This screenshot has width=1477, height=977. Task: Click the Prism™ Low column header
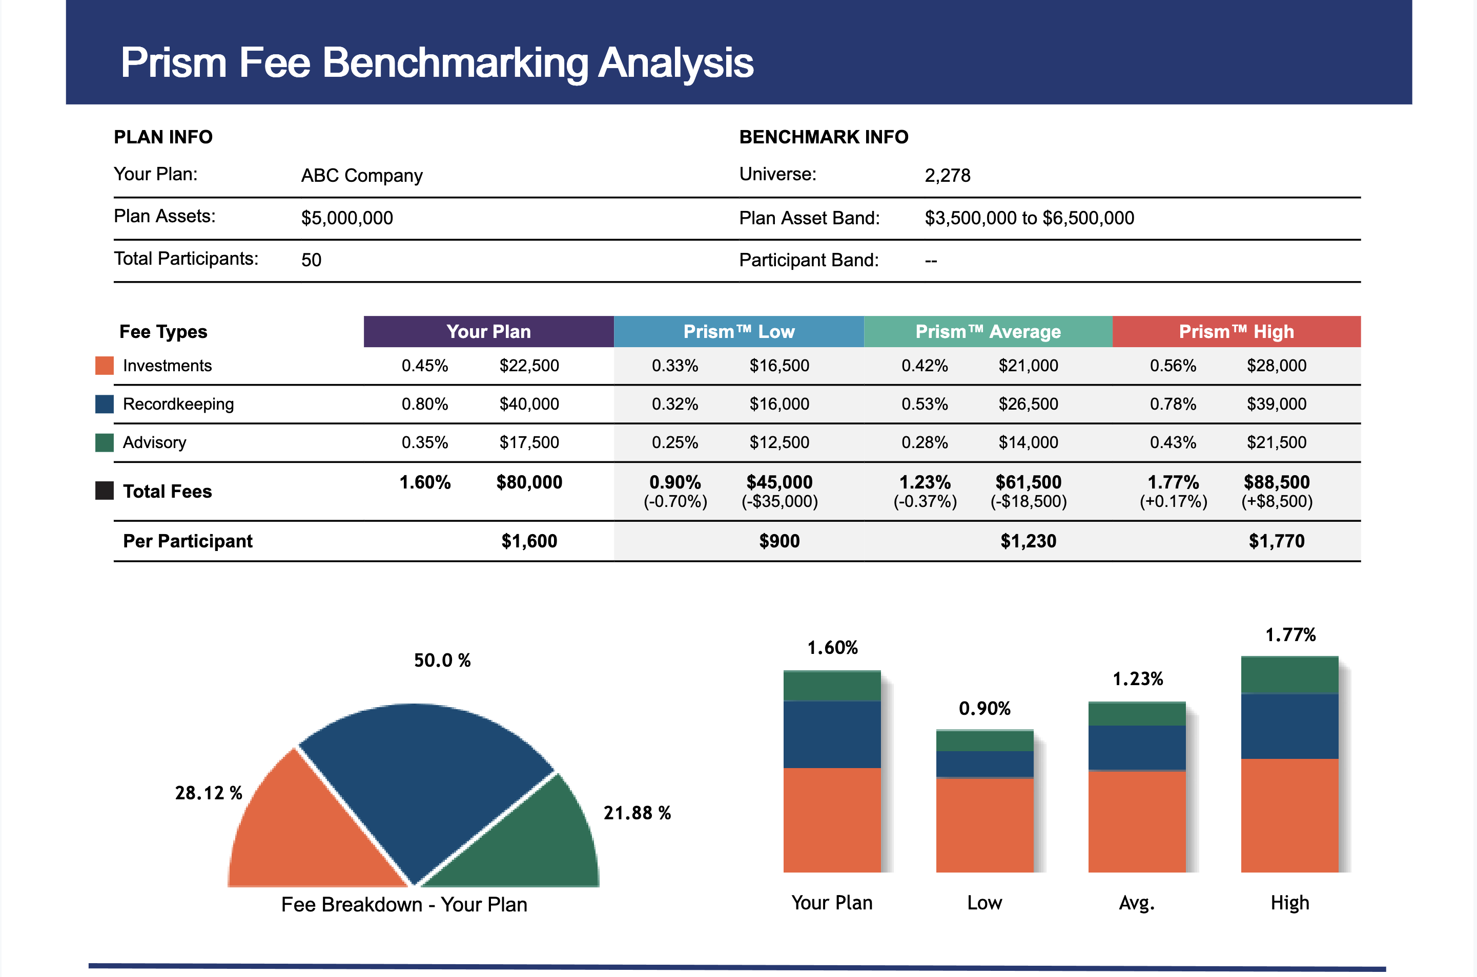point(739,331)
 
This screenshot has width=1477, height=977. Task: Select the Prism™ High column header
point(1236,331)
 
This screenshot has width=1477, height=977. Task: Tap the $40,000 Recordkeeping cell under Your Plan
point(529,404)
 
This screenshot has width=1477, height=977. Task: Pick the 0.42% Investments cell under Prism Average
point(925,366)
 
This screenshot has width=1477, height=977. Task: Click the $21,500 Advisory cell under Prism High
point(1276,442)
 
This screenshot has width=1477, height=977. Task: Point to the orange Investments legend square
point(104,366)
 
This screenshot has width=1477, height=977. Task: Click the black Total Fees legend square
point(104,491)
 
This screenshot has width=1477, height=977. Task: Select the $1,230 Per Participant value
point(1028,541)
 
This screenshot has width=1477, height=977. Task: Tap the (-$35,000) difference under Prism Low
point(779,502)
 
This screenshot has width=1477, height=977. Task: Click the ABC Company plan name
point(362,176)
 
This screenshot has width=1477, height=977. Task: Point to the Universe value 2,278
point(947,176)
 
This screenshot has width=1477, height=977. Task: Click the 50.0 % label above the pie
point(442,661)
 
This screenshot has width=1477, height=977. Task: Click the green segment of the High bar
point(1289,675)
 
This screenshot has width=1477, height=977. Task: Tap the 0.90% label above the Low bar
point(984,709)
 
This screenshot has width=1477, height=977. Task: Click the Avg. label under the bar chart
point(1137,903)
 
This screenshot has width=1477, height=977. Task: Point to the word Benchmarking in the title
point(455,63)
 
